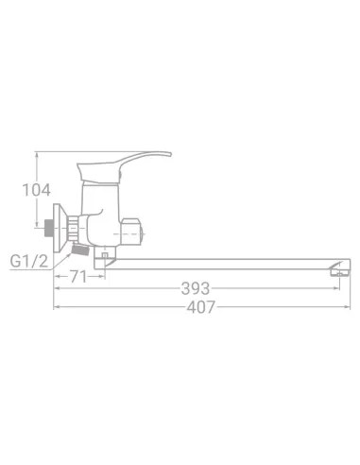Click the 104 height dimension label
tap(36, 190)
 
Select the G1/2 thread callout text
tap(29, 261)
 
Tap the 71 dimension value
tap(77, 277)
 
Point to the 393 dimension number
tap(196, 288)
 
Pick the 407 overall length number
tap(201, 307)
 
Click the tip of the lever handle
tap(170, 154)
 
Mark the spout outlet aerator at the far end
tap(339, 270)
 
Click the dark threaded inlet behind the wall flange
tap(49, 228)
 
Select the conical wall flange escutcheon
tap(60, 228)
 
